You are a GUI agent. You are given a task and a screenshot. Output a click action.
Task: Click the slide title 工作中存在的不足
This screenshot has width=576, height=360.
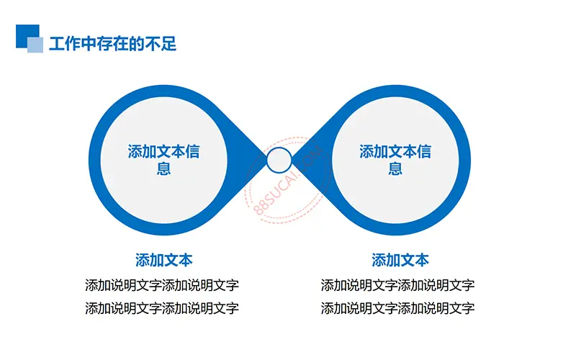pos(113,44)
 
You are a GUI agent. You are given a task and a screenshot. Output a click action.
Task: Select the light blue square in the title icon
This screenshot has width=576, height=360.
pos(35,45)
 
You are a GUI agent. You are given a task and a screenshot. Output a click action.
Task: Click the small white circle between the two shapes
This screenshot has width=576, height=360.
pos(279,160)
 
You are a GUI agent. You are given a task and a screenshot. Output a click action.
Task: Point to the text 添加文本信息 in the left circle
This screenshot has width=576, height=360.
pos(164,160)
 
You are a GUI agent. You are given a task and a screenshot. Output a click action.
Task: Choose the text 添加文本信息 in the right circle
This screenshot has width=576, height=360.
pos(395,160)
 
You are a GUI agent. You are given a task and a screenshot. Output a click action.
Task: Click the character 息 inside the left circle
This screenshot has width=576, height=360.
pos(164,168)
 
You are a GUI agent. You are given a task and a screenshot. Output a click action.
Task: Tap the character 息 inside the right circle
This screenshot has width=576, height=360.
pos(395,168)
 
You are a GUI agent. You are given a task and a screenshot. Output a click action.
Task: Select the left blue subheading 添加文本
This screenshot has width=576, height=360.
pos(164,260)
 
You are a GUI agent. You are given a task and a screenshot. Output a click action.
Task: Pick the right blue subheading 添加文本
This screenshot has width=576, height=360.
pos(400,260)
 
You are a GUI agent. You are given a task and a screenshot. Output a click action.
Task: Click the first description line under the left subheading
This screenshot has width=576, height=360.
pos(162,285)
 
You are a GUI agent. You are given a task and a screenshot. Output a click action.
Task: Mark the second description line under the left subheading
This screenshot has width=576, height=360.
pos(162,308)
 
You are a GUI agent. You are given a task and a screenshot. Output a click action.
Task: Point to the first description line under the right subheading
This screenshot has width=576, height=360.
pos(398,285)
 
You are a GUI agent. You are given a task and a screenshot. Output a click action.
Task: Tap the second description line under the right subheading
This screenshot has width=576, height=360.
pos(398,308)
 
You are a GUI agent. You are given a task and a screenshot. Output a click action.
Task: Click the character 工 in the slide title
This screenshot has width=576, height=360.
pos(57,44)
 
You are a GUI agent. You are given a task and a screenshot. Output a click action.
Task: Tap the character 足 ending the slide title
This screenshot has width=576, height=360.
pos(169,44)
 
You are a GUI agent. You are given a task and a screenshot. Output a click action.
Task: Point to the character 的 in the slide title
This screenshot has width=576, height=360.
pos(137,44)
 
